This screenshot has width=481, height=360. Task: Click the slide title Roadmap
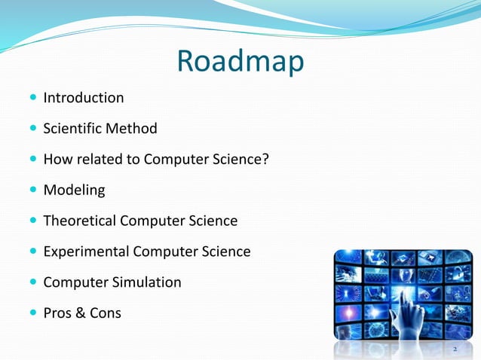coord(240,61)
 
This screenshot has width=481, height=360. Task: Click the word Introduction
coord(84,98)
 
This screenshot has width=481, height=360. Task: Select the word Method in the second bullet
coord(131,129)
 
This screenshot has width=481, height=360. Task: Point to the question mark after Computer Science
coord(265,160)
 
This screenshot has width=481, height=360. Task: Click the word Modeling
coord(74,191)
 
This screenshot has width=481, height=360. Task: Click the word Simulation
coord(146,282)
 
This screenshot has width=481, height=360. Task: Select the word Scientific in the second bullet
coord(72,129)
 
